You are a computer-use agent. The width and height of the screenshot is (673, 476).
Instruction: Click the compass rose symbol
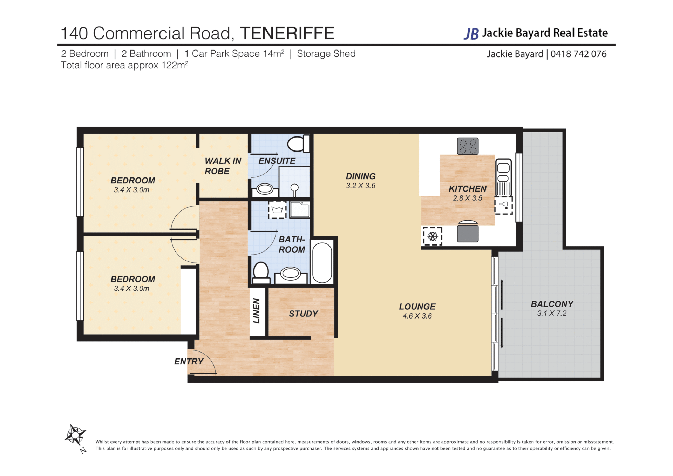[x=75, y=436]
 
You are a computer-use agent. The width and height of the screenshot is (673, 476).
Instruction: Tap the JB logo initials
[x=471, y=34]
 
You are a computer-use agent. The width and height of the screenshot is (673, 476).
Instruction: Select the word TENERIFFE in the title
[x=287, y=33]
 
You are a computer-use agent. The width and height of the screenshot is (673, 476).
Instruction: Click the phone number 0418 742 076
[x=578, y=54]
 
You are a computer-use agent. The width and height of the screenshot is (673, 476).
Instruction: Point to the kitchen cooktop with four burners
[x=468, y=146]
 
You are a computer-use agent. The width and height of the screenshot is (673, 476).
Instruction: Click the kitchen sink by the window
[x=503, y=177]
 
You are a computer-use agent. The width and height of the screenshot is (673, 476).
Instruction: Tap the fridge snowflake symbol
[x=433, y=236]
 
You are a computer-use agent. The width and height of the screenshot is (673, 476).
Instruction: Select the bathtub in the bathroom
[x=322, y=262]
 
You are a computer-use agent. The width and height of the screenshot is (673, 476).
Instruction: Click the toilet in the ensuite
[x=298, y=143]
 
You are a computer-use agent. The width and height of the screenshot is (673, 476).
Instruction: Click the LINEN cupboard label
[x=257, y=311]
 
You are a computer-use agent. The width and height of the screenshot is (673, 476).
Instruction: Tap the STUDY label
[x=304, y=314]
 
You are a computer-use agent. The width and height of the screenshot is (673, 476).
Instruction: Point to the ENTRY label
[x=189, y=361]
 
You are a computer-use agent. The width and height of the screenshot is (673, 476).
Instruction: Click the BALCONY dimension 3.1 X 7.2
[x=552, y=313]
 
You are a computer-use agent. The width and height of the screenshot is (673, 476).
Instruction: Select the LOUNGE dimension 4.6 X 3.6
[x=417, y=316]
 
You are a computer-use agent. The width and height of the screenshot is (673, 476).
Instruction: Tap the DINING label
[x=361, y=176]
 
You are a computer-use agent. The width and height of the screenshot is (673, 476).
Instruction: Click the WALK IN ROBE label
[x=223, y=166]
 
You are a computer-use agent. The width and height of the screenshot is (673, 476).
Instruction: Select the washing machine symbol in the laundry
[x=277, y=210]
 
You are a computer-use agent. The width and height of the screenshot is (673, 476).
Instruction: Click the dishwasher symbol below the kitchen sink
[x=503, y=205]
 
